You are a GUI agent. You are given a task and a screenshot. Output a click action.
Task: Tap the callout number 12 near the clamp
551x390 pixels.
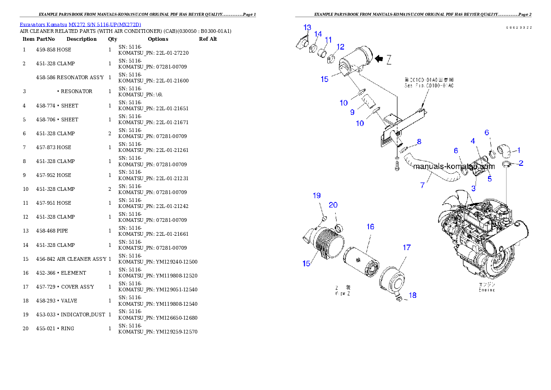click(340, 47)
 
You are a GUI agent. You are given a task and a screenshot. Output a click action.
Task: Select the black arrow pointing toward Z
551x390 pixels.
click(379, 59)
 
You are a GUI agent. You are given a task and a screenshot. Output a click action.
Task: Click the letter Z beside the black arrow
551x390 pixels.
click(389, 59)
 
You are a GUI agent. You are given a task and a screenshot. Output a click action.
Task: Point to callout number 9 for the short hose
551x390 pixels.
click(352, 112)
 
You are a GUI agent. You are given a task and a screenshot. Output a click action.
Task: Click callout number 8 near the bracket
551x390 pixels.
click(419, 141)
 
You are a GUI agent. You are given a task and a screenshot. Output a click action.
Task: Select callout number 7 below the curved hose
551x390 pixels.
click(422, 185)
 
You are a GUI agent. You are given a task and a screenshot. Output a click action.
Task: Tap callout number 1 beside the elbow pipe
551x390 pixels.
click(519, 150)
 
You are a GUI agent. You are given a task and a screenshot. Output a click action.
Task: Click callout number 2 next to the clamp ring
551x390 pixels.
click(521, 163)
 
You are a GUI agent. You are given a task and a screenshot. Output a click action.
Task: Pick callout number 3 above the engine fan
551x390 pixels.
click(473, 189)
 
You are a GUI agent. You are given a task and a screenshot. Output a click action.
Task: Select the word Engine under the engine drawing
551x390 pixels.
click(487, 290)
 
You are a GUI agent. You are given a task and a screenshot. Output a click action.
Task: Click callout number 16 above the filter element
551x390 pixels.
click(370, 226)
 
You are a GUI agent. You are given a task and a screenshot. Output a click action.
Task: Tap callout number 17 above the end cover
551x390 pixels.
click(406, 248)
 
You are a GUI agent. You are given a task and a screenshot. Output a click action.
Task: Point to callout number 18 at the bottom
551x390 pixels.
click(413, 295)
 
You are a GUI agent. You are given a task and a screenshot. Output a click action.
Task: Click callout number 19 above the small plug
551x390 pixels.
click(317, 195)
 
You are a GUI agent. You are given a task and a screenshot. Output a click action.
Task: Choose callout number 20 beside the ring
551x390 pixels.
click(333, 205)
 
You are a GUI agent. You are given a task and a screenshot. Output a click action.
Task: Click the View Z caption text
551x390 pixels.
click(343, 290)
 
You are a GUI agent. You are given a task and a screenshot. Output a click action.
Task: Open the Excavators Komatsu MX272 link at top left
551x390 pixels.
click(80, 24)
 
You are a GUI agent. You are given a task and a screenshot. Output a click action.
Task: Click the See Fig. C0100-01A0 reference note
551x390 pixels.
click(429, 83)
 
